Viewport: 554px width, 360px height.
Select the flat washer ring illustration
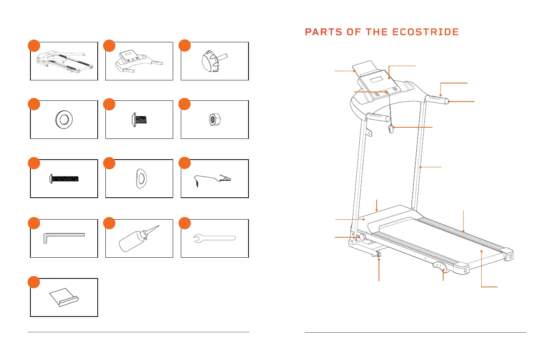(x=64, y=119)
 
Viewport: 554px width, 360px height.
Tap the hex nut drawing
(x=214, y=120)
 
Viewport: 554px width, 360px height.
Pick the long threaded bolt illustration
(x=64, y=179)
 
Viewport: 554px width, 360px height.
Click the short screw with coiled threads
(x=139, y=120)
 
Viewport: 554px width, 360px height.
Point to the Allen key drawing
(x=63, y=238)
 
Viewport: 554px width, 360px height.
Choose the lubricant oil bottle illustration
(x=138, y=239)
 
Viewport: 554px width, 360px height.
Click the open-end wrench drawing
(x=214, y=238)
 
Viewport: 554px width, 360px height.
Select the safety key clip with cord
(x=213, y=179)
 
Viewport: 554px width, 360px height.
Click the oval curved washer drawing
(x=141, y=178)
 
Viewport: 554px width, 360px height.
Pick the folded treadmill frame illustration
(x=64, y=61)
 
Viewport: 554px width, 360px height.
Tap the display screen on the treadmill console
(x=377, y=80)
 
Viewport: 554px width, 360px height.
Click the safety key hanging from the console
(x=391, y=129)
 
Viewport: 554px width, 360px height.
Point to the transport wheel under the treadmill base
(x=378, y=254)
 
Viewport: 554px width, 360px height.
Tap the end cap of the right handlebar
(x=447, y=101)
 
